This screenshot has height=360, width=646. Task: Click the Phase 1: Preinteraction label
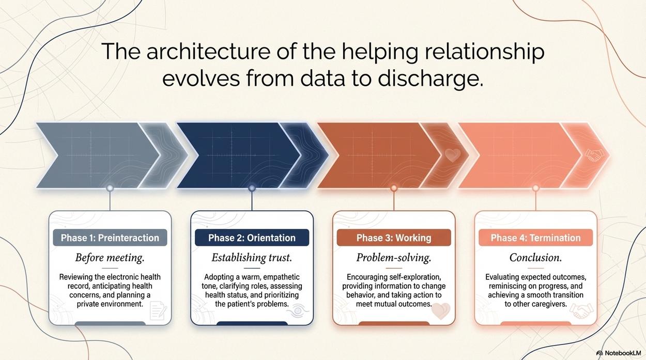point(110,238)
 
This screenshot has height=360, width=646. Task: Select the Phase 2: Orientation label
point(252,238)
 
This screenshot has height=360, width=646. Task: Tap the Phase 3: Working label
point(394,238)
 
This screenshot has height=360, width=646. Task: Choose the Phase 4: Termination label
point(535,238)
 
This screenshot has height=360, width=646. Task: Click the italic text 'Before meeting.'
point(110,257)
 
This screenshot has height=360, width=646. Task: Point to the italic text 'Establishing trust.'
point(252,257)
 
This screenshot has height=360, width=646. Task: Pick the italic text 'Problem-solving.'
point(394,257)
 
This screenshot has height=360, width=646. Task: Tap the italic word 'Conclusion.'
point(535,257)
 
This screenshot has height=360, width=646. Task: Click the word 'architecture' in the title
point(208,51)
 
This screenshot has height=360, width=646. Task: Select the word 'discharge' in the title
point(428,79)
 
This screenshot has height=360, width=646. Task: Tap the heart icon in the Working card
point(441,311)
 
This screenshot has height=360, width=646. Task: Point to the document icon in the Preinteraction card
point(158,311)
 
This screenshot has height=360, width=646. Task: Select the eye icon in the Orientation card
point(298,311)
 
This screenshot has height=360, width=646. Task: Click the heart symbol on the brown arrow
point(453,155)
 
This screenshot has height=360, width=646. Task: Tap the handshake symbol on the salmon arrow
point(594,155)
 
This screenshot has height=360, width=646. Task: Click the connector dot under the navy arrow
point(252,188)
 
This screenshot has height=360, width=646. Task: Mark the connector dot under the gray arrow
point(110,188)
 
